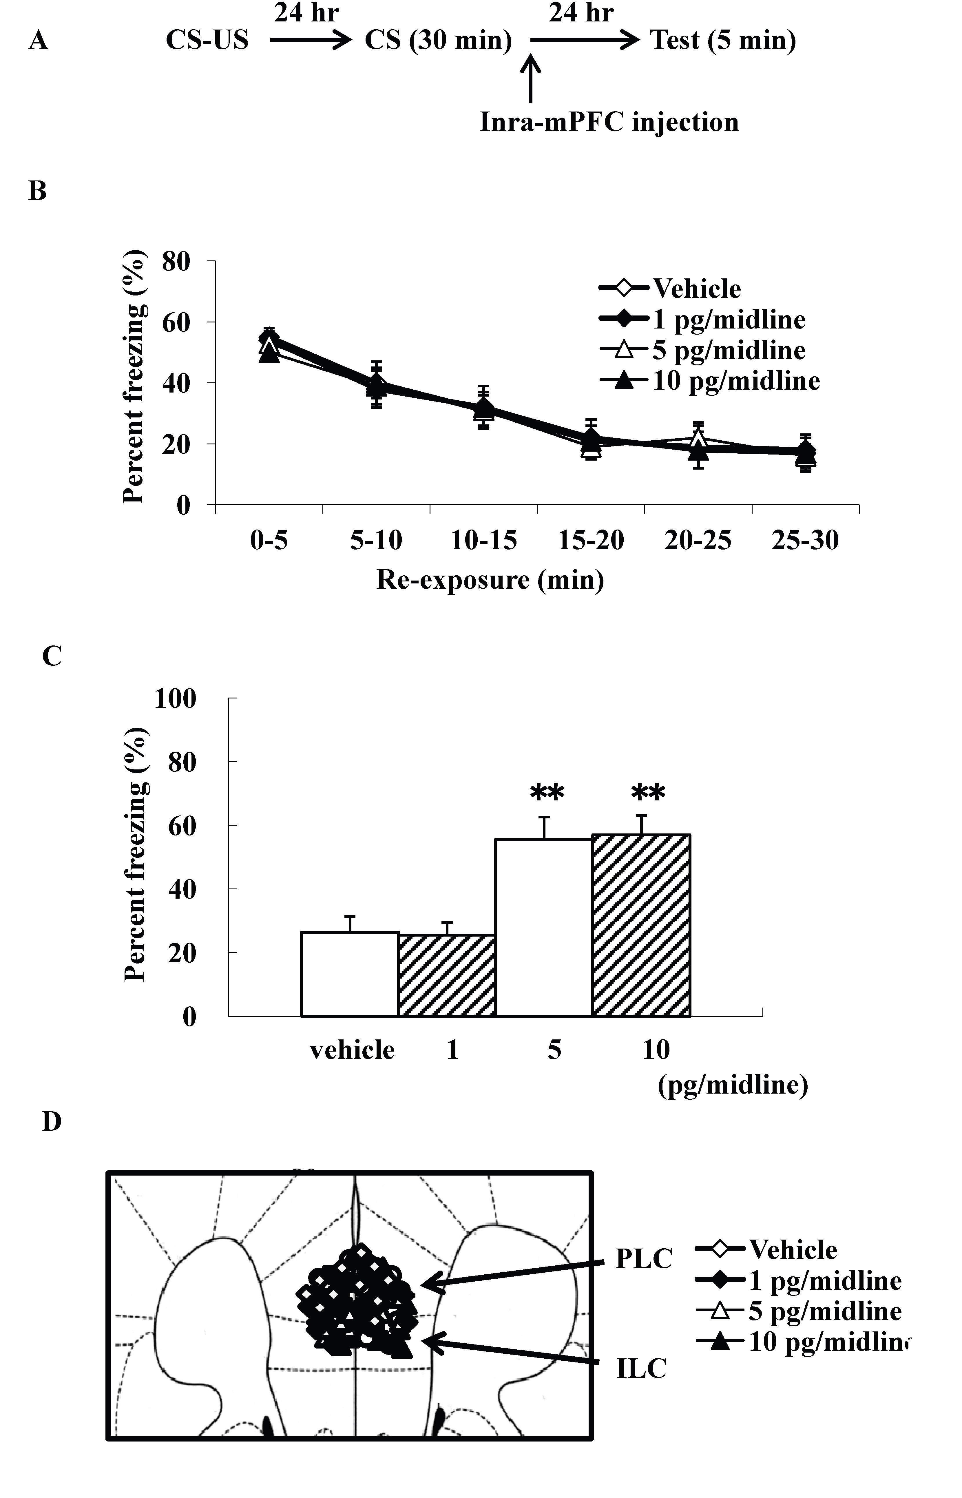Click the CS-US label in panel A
pos(207,41)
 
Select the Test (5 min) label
pos(723,41)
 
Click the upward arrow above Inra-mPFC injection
pos(530,78)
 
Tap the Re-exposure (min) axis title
pos(490,580)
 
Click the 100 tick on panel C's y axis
pos(176,698)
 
